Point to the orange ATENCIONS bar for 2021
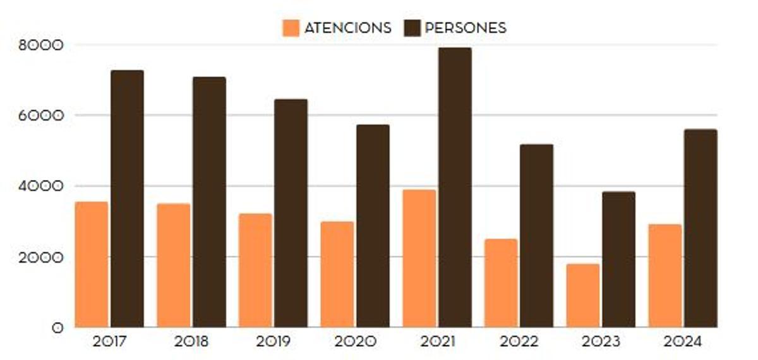click(419, 258)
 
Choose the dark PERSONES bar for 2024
click(701, 228)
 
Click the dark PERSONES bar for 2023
click(618, 259)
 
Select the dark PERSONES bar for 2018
click(209, 202)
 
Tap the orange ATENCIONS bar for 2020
click(337, 274)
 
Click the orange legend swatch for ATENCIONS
click(291, 28)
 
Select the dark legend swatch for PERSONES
click(412, 28)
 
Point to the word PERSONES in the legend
click(466, 28)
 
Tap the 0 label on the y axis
click(58, 328)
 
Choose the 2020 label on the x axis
click(354, 342)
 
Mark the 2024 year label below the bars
click(682, 342)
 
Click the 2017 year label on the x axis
click(109, 342)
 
